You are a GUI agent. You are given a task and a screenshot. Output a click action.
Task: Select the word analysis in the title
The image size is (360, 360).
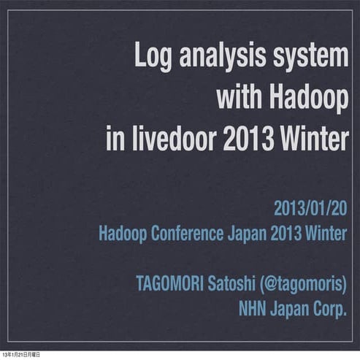coord(220,58)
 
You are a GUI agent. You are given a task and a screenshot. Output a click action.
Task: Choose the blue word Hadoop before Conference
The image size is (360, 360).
coord(123,235)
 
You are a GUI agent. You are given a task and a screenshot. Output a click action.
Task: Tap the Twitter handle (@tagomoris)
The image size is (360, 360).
coord(303,283)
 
